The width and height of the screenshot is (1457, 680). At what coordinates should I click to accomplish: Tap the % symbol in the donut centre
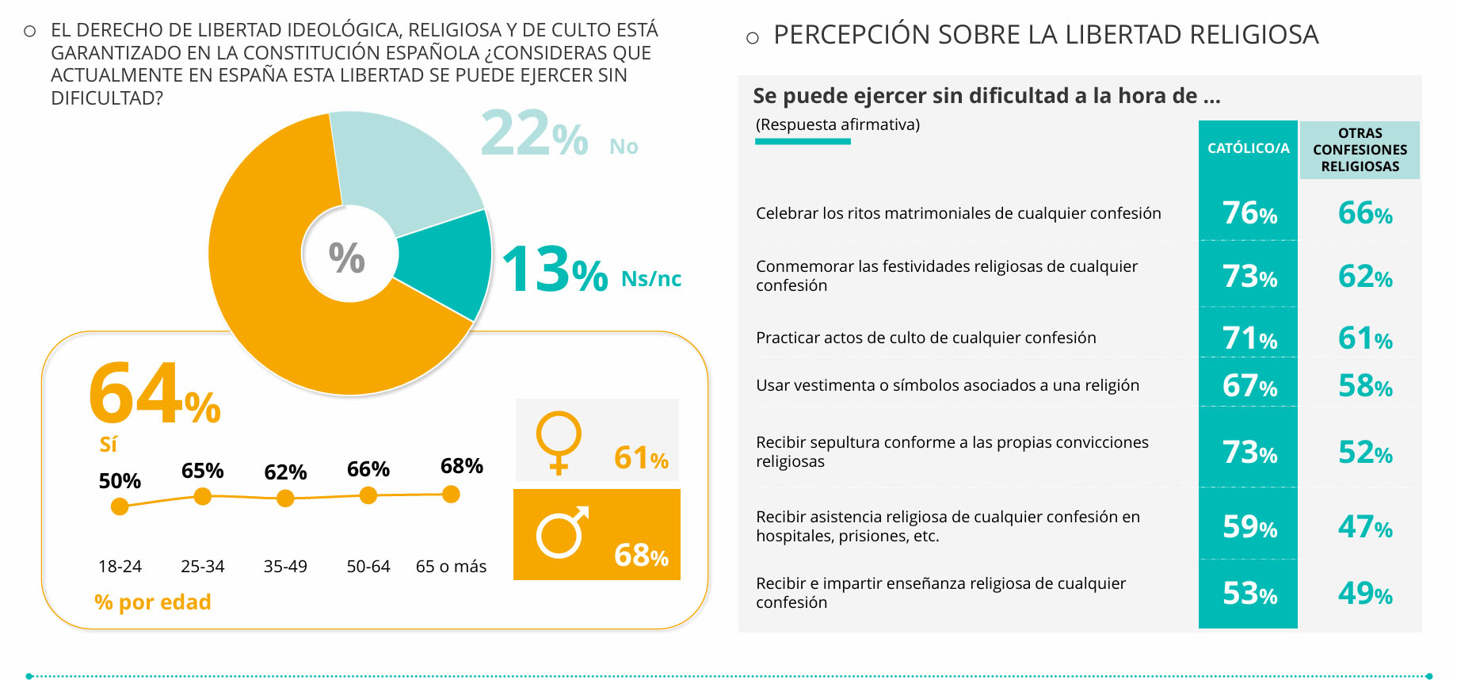point(347,258)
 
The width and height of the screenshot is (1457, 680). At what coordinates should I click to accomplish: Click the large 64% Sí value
point(154,394)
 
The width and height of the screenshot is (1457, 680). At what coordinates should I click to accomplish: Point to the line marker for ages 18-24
point(120,506)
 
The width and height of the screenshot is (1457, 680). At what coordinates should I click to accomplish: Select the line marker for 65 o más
point(451,495)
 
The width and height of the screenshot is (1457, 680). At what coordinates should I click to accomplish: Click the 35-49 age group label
point(285,567)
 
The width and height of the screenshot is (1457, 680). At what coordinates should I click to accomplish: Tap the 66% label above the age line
point(368,469)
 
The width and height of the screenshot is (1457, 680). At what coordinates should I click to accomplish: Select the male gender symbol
point(562,533)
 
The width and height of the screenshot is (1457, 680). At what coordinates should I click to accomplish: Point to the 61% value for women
point(641,458)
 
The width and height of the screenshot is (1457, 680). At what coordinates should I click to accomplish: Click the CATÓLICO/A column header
point(1248,148)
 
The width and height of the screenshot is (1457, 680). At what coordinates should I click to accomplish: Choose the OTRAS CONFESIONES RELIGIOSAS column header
point(1360,150)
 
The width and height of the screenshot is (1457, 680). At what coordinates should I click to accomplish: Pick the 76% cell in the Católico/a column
point(1249,213)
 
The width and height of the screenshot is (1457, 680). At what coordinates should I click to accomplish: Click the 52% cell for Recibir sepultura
point(1365,453)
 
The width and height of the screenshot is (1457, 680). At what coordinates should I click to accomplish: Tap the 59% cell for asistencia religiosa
point(1249,527)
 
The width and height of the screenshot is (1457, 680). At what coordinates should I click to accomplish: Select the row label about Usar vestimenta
point(948,385)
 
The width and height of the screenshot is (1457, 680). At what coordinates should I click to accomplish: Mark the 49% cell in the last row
point(1365,594)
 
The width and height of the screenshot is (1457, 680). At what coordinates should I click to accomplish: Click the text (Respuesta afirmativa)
point(837,124)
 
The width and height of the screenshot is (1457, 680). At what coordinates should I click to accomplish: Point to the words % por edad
point(153,602)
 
